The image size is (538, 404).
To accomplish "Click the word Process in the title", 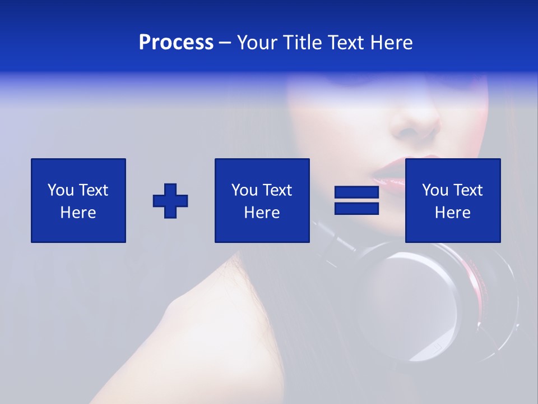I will [176, 43].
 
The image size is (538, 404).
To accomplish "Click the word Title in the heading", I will [301, 43].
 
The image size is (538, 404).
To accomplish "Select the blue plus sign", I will [170, 201].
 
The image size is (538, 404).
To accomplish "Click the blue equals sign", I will [356, 200].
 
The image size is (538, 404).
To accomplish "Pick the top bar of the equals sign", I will [356, 192].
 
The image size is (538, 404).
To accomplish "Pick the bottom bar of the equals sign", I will [356, 208].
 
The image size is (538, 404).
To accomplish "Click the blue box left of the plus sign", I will [78, 200].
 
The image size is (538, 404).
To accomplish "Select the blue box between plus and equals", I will [262, 200].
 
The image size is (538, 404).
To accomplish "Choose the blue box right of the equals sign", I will [453, 200].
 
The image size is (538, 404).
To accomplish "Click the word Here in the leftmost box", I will [78, 213].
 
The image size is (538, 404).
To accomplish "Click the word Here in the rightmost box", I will [453, 213].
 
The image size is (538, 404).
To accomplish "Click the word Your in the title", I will [257, 43].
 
